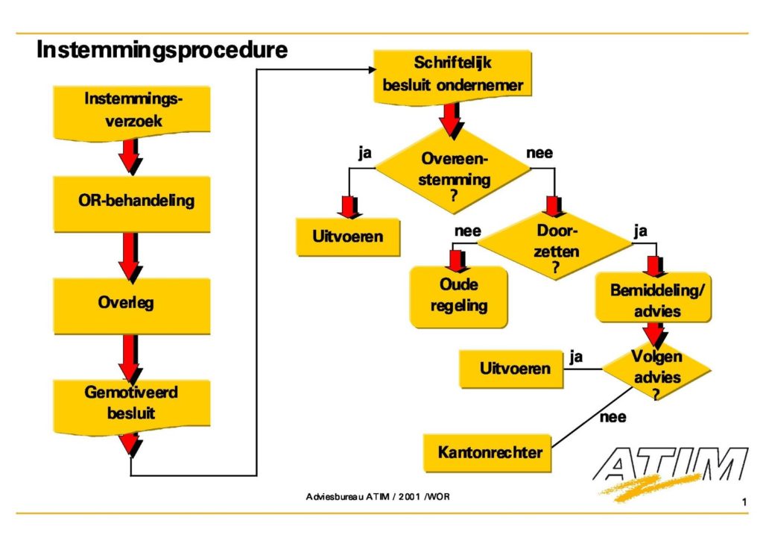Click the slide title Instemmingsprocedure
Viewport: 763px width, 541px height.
coord(162,51)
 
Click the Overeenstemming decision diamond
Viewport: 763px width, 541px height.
coord(453,169)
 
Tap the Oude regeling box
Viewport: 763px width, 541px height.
coord(458,295)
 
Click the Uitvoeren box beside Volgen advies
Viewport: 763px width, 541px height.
coord(516,369)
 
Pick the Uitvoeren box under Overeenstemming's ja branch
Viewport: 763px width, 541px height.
coord(347,237)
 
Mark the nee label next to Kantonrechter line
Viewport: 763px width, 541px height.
coord(612,417)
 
